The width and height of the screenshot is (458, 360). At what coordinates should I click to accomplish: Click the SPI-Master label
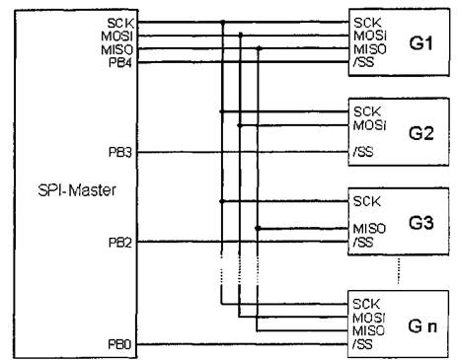click(x=77, y=190)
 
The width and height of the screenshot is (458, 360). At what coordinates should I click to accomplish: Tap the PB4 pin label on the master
click(x=120, y=62)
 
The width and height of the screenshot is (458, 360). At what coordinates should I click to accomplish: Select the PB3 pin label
click(x=120, y=152)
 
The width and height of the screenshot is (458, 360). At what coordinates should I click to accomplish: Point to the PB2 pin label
click(x=120, y=243)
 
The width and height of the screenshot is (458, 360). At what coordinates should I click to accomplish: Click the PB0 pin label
click(x=119, y=344)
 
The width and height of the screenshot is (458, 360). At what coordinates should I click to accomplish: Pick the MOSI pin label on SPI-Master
click(x=116, y=36)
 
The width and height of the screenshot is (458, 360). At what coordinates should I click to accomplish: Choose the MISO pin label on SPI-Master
click(x=116, y=49)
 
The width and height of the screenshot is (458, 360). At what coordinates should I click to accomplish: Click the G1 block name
click(x=420, y=43)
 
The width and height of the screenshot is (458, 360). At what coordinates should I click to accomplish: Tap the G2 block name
click(x=420, y=133)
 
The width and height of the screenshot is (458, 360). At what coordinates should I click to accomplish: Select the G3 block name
click(x=420, y=223)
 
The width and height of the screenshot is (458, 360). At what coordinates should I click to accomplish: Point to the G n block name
click(x=422, y=325)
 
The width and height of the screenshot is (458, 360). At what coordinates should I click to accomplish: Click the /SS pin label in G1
click(x=363, y=62)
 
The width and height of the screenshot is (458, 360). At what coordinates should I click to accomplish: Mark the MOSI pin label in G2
click(x=369, y=125)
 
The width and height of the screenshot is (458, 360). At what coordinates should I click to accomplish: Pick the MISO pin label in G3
click(x=369, y=229)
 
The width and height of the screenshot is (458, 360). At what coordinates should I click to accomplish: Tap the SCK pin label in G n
click(x=366, y=304)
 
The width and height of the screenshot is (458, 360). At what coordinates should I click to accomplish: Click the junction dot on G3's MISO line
click(x=258, y=228)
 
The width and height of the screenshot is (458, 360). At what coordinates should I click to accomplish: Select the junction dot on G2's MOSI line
click(x=240, y=125)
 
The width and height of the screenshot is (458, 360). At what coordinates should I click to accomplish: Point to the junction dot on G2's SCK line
click(x=222, y=111)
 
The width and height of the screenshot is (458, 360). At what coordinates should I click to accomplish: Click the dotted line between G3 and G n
click(x=399, y=270)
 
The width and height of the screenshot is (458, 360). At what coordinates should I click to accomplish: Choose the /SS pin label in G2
click(x=363, y=152)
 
